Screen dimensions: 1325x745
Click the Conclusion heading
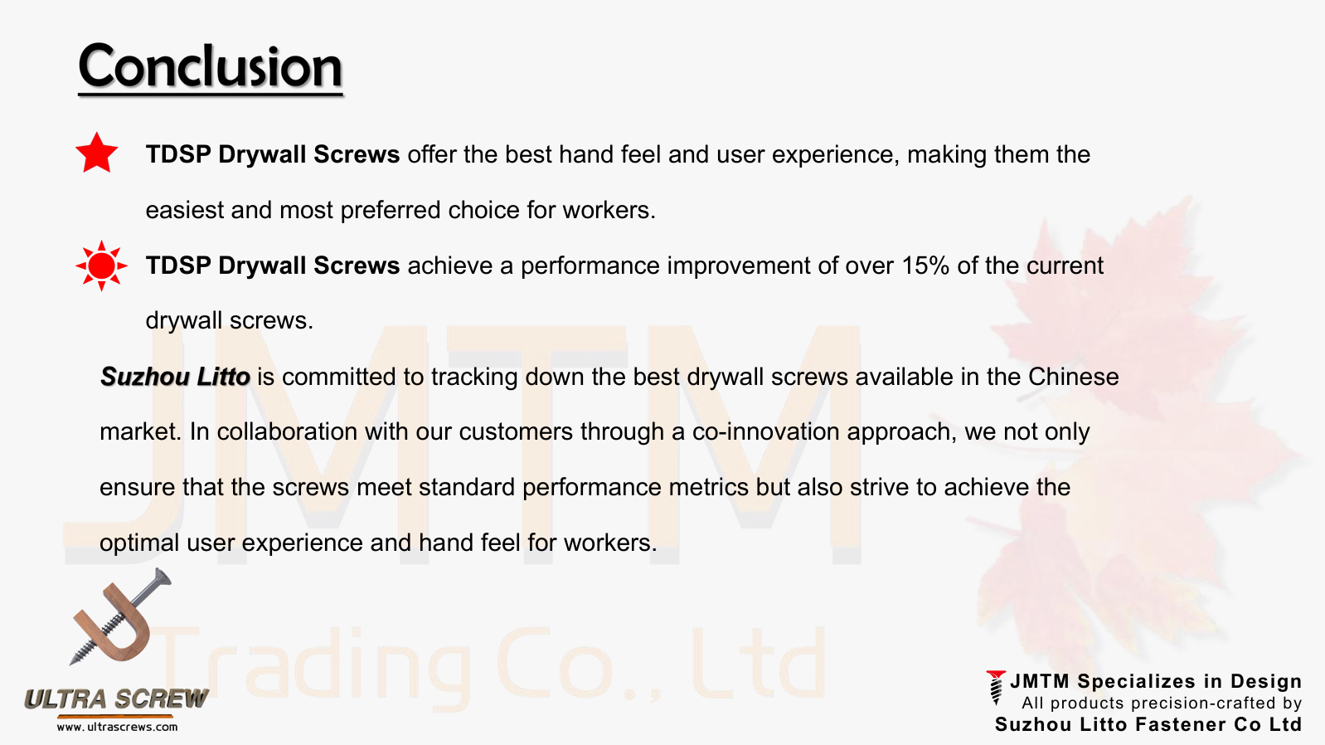(x=210, y=66)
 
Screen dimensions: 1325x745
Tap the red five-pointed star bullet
(x=97, y=153)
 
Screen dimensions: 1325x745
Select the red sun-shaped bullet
(x=101, y=265)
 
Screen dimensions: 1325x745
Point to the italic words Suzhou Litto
(x=175, y=377)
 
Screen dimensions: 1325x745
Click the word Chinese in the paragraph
(x=1074, y=377)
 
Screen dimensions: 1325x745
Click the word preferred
(x=391, y=211)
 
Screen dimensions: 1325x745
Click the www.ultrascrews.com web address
(x=117, y=727)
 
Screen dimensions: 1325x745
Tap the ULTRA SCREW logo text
(x=117, y=699)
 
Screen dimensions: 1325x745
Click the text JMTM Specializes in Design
(x=1156, y=682)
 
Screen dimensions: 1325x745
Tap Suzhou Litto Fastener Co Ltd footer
(x=1148, y=724)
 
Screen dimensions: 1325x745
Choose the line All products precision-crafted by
(x=1161, y=703)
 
